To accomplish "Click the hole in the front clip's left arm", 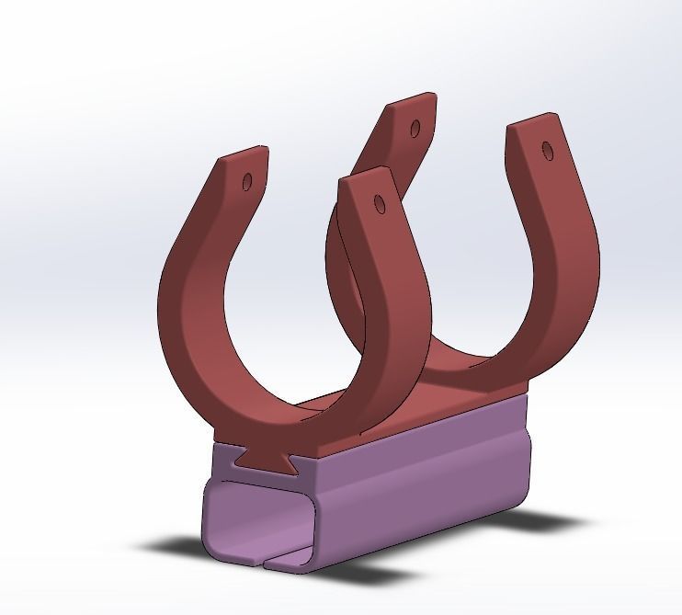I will pyautogui.click(x=247, y=182).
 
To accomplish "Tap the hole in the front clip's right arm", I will pyautogui.click(x=379, y=203).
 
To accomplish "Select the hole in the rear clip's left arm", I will pyautogui.click(x=415, y=127).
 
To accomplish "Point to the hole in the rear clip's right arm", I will pyautogui.click(x=548, y=149).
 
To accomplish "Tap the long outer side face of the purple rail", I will pyautogui.click(x=423, y=487).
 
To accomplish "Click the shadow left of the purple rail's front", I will pyautogui.click(x=175, y=547).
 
